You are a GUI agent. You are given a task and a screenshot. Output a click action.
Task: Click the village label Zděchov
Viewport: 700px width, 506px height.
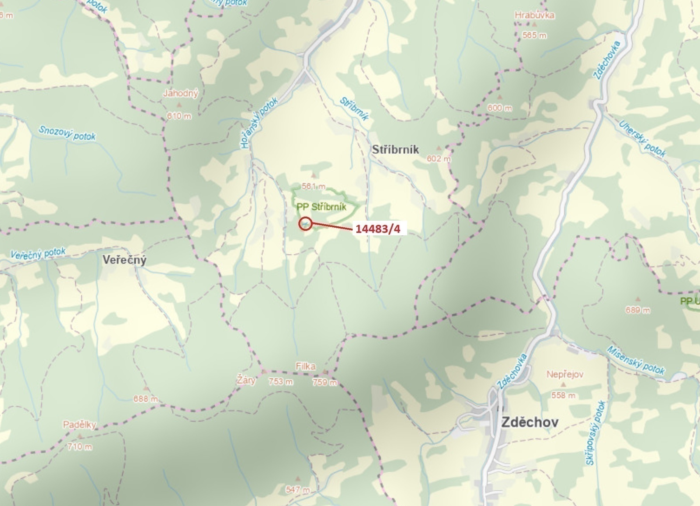pos(530,422)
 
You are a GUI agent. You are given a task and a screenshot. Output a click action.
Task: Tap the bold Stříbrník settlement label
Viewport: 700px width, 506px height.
pos(395,150)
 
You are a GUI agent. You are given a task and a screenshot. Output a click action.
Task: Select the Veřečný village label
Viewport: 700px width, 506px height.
pos(124,260)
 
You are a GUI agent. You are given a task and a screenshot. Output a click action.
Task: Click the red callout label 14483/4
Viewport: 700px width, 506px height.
pos(378,229)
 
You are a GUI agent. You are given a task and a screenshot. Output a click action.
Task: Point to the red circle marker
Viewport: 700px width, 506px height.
pos(305,224)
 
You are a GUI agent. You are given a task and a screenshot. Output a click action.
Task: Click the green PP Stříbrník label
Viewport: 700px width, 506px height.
pos(321,207)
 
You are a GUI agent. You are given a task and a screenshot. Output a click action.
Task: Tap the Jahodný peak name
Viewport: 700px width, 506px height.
pos(180,93)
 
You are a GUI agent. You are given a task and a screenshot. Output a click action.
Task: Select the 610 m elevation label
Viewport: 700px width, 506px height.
pos(179,116)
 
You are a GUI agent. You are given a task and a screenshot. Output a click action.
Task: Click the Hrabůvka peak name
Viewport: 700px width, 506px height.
pos(534,15)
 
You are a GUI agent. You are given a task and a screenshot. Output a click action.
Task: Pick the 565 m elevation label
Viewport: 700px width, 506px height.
pos(534,35)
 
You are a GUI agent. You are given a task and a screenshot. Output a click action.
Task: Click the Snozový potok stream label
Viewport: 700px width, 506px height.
pos(67,133)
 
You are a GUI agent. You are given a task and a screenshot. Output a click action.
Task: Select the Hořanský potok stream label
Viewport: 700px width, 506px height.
pos(259,123)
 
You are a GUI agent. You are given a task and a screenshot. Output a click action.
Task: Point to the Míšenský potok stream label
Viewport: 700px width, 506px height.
pos(636,360)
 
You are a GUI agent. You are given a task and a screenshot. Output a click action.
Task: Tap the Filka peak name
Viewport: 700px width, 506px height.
pos(305,366)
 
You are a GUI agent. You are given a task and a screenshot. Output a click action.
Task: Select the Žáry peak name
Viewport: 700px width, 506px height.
pos(246,380)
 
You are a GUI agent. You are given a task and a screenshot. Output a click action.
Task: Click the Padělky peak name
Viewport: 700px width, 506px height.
pos(79,424)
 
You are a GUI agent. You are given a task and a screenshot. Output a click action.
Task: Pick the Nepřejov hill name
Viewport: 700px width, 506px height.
pos(565,374)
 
